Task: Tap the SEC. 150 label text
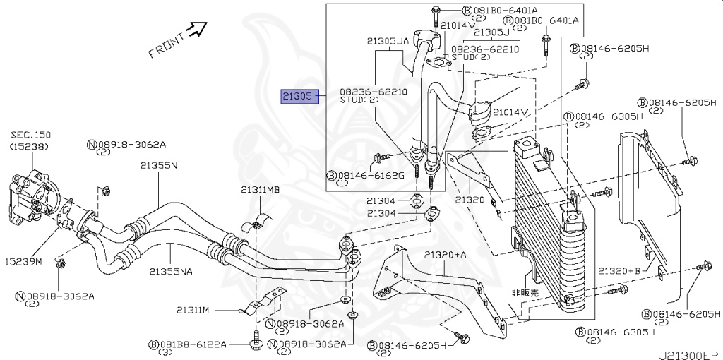coord(30,135)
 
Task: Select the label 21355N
coord(159,165)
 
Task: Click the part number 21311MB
coord(260,189)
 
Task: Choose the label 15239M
coord(23,262)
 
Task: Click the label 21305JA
coord(388,41)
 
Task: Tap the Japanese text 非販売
coord(525,292)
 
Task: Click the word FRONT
coord(167,46)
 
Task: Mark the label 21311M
coord(192,310)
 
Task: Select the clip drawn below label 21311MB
coord(256,223)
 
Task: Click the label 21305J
coord(491,32)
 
